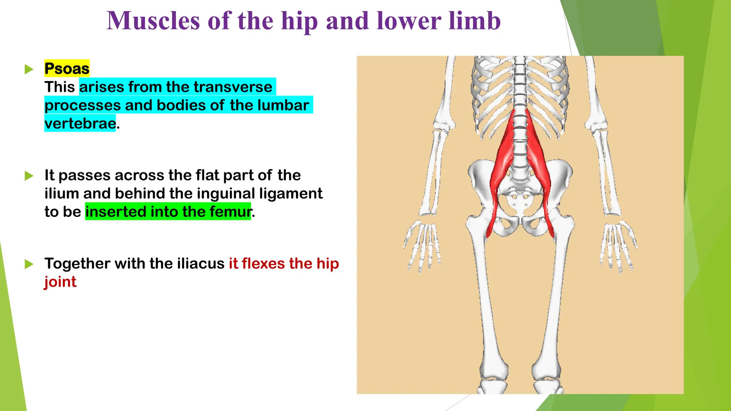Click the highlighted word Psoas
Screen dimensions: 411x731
67,68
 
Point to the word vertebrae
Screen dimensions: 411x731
80,123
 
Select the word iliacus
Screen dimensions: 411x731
200,264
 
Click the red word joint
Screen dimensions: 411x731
60,282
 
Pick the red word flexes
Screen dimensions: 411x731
263,264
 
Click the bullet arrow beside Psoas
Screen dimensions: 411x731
29,69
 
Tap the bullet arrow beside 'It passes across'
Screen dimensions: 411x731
29,176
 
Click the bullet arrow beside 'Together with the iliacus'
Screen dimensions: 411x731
29,264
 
